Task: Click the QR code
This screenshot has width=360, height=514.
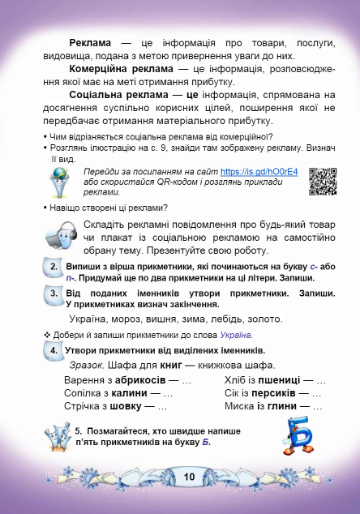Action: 323,182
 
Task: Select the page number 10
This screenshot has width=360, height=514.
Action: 189,476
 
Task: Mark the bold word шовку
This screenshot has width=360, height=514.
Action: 132,405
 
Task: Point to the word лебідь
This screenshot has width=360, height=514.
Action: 219,319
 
